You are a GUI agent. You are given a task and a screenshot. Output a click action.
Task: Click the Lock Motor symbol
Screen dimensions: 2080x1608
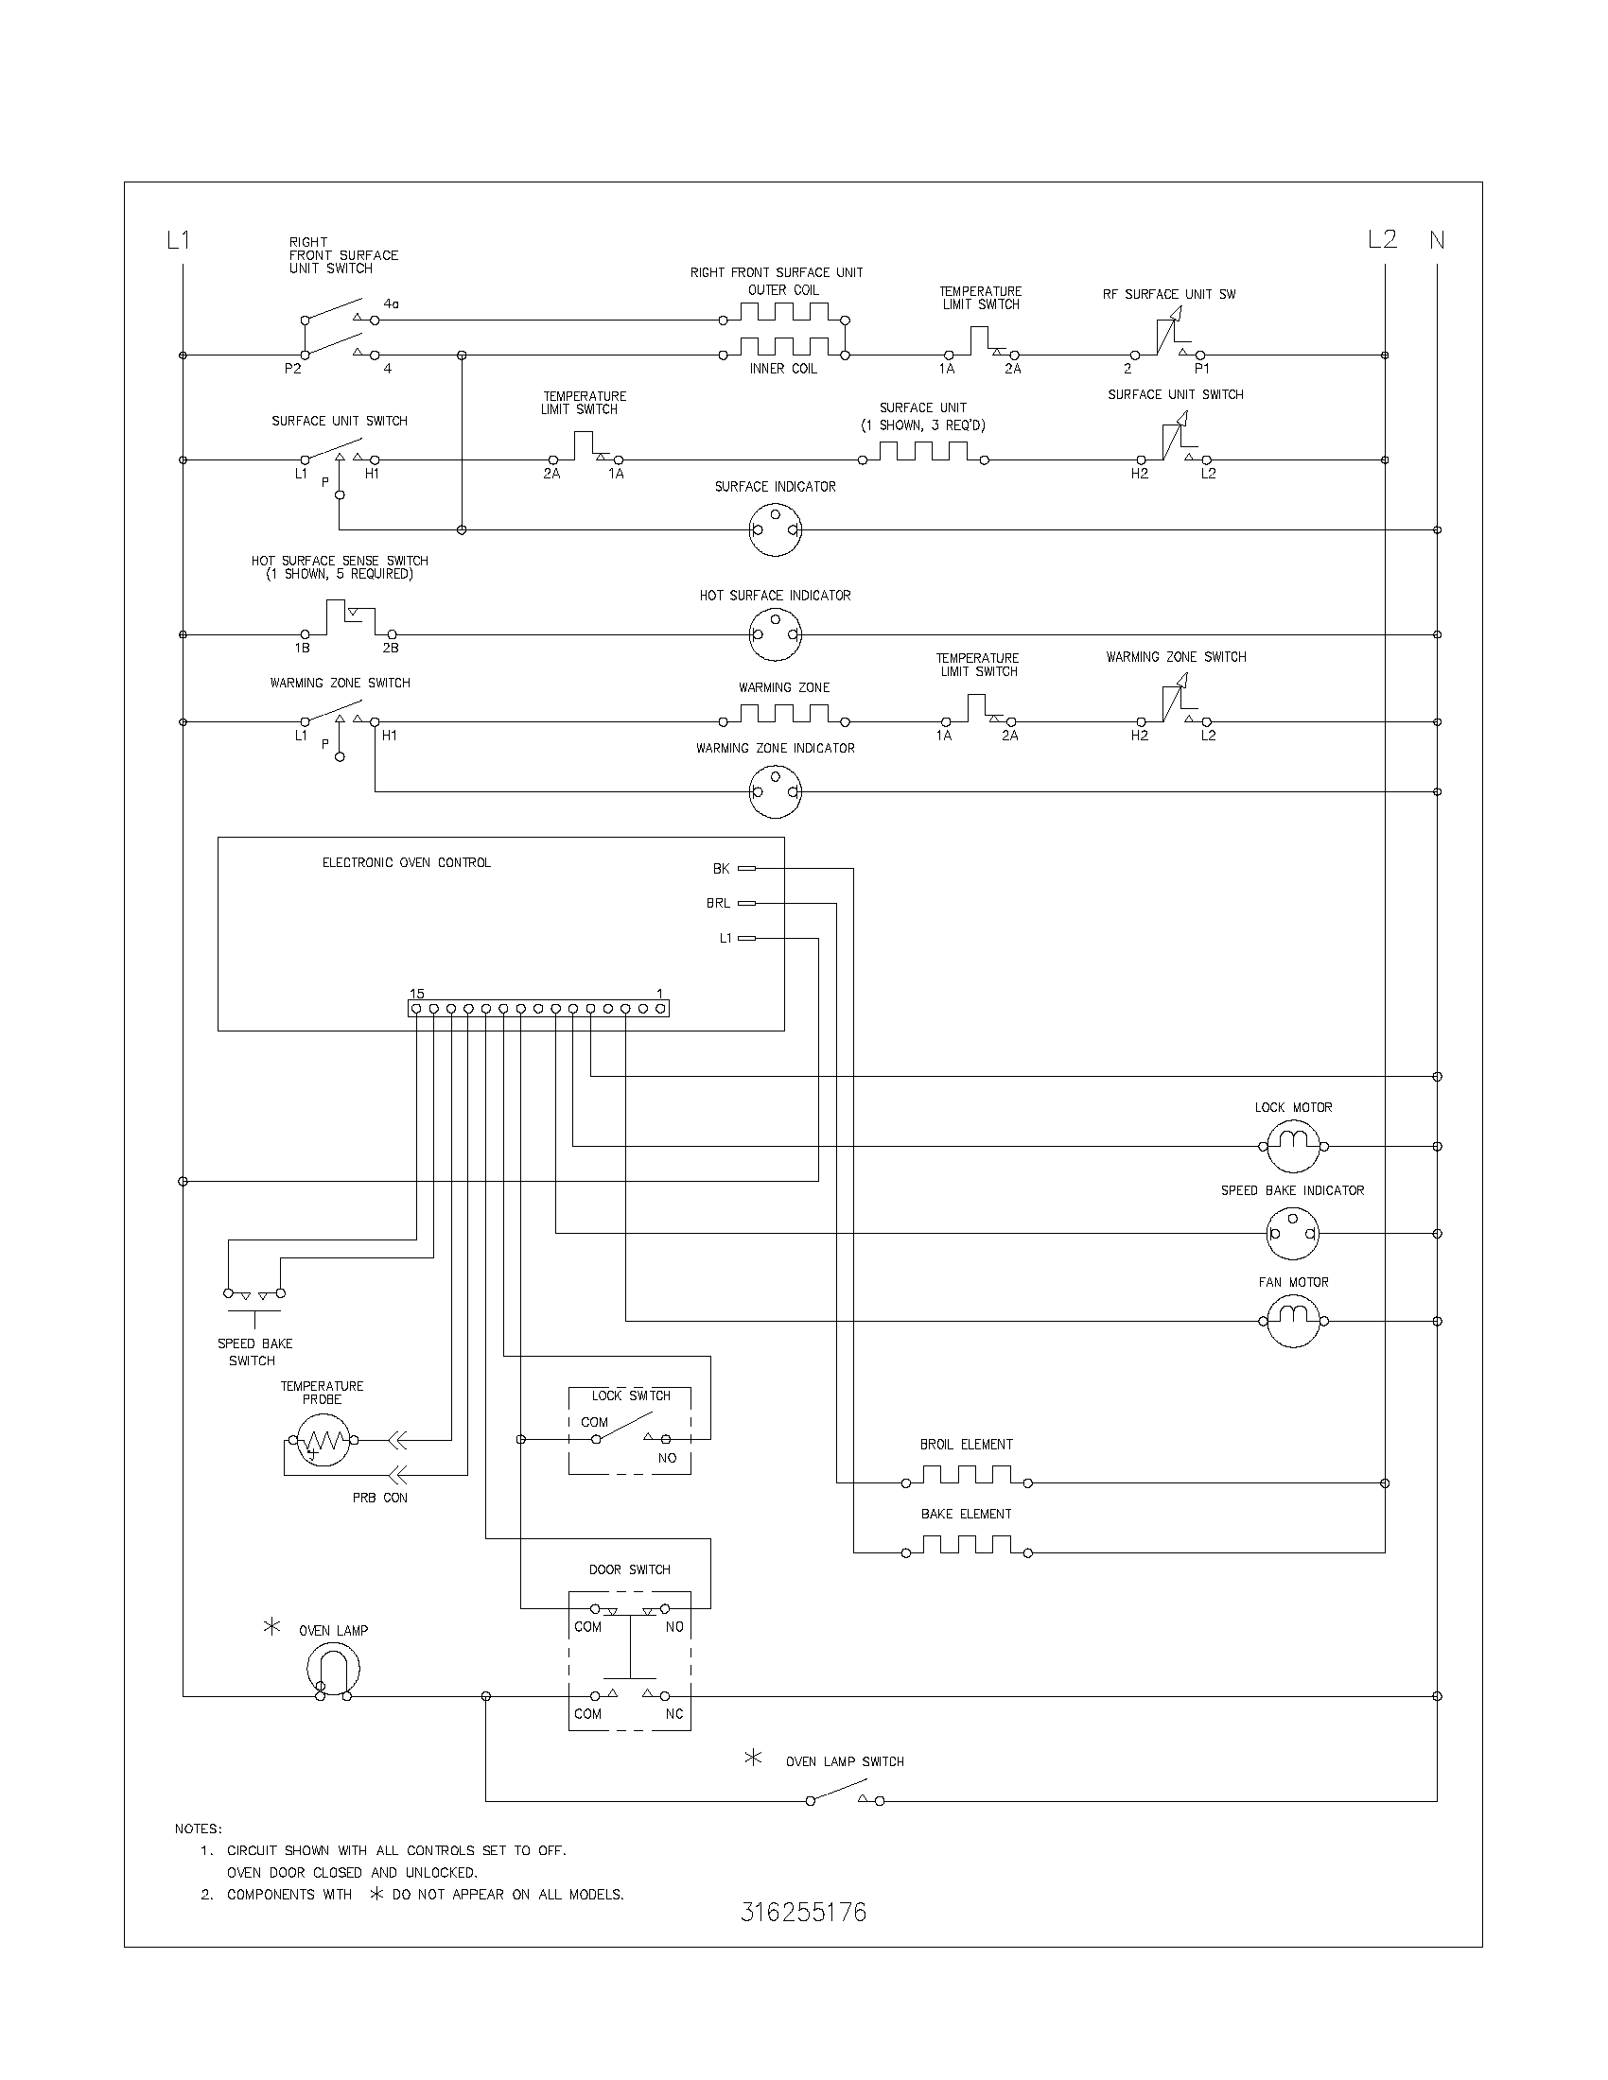click(1293, 1147)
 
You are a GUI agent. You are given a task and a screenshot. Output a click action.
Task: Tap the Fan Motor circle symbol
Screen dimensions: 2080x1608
click(1293, 1321)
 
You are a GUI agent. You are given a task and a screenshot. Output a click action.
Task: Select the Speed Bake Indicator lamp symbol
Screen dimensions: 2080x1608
click(1293, 1233)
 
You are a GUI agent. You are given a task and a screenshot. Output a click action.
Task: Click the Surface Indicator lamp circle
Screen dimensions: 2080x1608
click(776, 529)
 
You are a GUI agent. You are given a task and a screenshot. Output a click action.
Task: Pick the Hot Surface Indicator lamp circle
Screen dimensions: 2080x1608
click(776, 634)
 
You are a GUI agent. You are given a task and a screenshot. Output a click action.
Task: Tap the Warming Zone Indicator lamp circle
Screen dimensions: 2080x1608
click(776, 791)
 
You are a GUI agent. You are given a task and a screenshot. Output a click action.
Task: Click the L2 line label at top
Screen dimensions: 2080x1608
click(1382, 240)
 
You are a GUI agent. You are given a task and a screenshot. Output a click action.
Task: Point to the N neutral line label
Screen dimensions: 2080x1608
click(1437, 241)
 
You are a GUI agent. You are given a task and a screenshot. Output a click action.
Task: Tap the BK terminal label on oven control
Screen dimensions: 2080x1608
click(721, 869)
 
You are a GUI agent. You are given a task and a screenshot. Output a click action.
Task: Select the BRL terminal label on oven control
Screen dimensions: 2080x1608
click(718, 903)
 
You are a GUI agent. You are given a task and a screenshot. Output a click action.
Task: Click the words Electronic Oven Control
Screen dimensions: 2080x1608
click(407, 863)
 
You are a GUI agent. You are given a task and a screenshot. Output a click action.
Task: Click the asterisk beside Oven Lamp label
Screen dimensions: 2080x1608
click(271, 1628)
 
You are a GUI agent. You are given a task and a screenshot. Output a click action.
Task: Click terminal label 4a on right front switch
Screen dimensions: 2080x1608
click(392, 304)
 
